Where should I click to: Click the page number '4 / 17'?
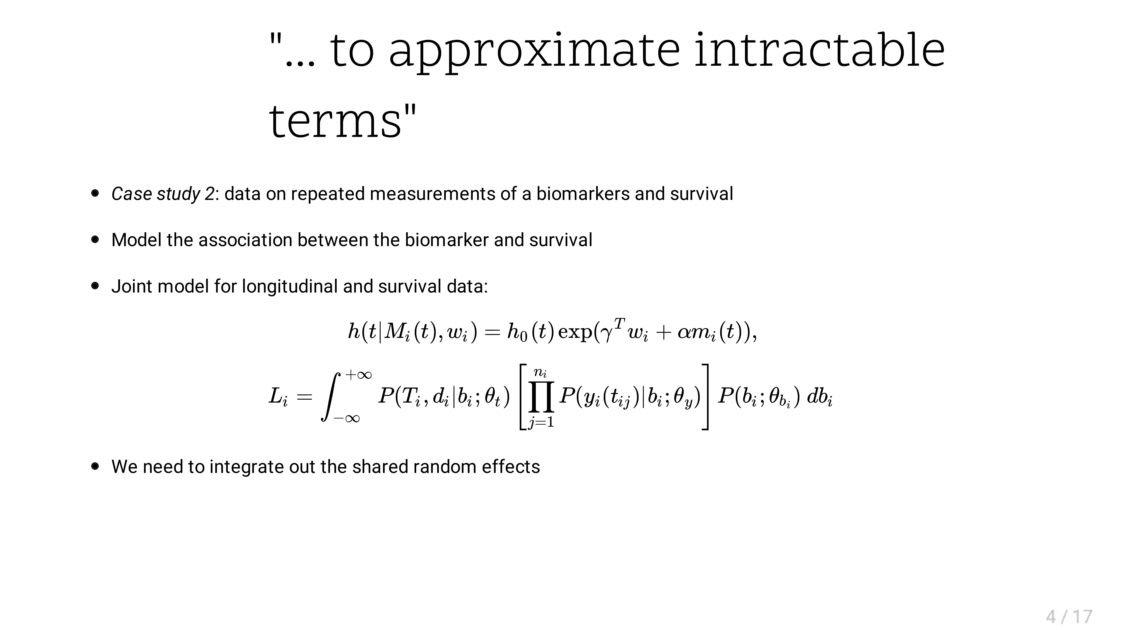1069,617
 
